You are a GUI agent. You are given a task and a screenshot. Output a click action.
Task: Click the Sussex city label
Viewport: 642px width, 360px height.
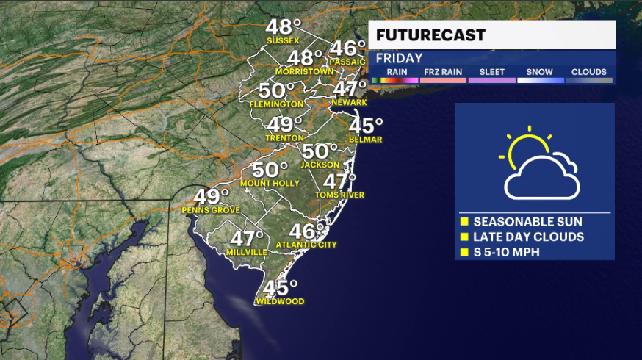(x=282, y=40)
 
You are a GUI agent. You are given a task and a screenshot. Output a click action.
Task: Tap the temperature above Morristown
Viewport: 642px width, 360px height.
(x=304, y=57)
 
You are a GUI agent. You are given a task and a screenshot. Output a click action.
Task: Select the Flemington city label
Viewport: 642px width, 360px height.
(x=276, y=104)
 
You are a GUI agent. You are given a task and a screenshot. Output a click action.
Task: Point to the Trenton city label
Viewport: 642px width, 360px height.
(x=285, y=137)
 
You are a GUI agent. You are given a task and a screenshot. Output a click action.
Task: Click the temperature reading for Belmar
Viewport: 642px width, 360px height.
(x=366, y=125)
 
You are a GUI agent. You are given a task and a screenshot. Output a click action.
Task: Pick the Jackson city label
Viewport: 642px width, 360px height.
(x=320, y=165)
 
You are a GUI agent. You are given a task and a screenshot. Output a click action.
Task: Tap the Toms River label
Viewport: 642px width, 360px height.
(x=339, y=195)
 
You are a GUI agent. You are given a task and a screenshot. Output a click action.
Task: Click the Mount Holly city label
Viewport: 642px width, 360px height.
(x=269, y=184)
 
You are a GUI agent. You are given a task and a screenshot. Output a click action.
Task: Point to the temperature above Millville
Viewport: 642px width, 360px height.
(x=247, y=238)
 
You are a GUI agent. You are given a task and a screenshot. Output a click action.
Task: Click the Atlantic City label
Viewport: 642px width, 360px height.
(x=306, y=245)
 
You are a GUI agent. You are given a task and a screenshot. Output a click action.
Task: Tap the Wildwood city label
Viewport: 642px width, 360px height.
(x=280, y=301)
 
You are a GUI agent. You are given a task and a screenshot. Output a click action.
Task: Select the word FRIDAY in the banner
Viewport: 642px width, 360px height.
(x=400, y=58)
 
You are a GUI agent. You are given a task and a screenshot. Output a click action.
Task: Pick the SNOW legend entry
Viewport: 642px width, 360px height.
(x=539, y=72)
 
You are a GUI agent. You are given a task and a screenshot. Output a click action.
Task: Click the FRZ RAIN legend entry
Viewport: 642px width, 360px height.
(x=443, y=72)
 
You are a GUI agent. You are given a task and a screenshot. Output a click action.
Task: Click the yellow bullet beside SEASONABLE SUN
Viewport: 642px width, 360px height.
(x=464, y=222)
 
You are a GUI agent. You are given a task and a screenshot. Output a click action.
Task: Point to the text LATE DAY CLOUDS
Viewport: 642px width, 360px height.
(x=528, y=237)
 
